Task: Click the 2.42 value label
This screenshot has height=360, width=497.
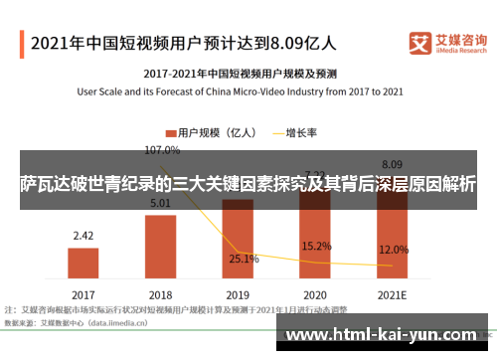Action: [83, 236]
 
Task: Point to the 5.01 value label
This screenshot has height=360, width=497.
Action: [161, 204]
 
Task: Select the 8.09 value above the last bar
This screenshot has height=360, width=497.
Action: [392, 164]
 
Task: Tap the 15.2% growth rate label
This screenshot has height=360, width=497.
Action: [316, 246]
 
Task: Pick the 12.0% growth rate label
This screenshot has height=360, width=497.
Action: [394, 250]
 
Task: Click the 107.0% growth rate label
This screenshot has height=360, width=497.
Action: [162, 151]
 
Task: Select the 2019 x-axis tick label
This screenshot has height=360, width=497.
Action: [238, 295]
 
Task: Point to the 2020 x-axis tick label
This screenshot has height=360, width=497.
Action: [315, 295]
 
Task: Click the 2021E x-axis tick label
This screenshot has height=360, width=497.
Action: [392, 295]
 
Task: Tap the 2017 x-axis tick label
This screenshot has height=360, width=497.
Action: [83, 295]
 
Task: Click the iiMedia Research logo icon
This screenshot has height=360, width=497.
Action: [420, 43]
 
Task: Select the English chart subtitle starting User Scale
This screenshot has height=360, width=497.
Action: [241, 91]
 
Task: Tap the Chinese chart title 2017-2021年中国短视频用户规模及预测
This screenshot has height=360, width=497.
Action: [241, 74]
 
